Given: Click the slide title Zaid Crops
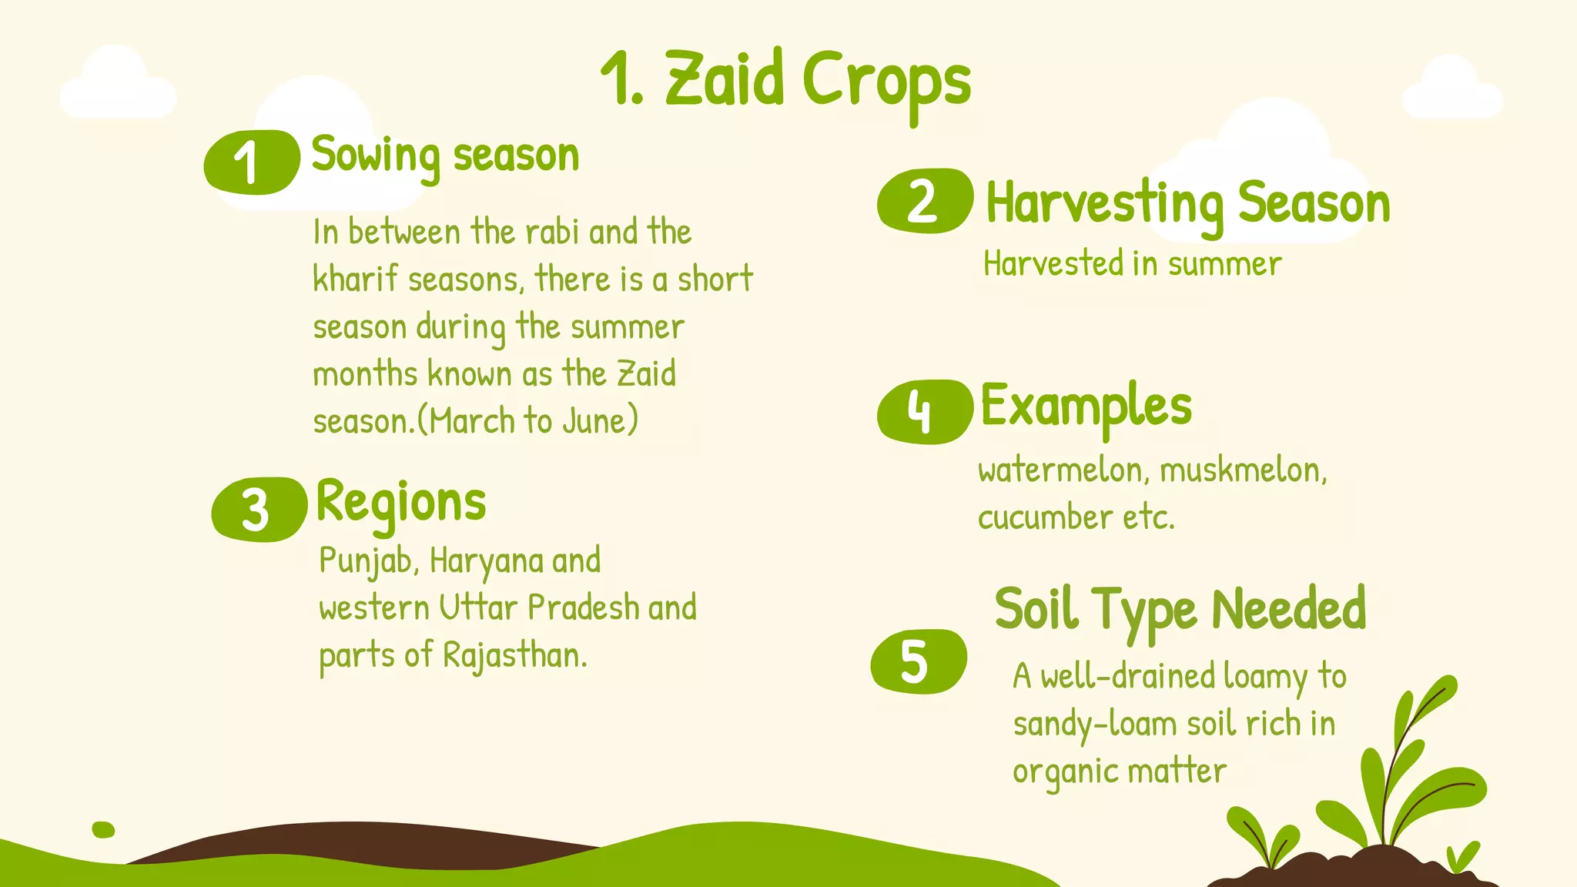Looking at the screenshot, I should (x=785, y=81).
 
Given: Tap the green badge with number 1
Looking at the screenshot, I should (x=251, y=162).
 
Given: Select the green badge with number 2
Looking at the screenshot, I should (x=924, y=201).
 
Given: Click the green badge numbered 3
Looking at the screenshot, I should (x=259, y=510).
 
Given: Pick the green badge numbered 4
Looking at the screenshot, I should (x=924, y=411).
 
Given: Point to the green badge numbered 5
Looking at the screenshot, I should (x=918, y=661).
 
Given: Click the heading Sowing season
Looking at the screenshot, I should (x=445, y=156).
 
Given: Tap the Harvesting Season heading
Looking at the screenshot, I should (x=1187, y=203).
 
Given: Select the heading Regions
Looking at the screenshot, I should (x=401, y=502).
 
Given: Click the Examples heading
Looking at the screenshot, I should (x=1086, y=406).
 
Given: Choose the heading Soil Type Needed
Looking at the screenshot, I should (x=1180, y=609).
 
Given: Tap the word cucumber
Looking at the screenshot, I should (x=1044, y=517).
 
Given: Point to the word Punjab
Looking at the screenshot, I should (x=367, y=561).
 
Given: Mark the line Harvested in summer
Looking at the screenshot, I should (x=1132, y=264).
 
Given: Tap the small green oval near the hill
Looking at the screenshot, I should (x=103, y=829).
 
